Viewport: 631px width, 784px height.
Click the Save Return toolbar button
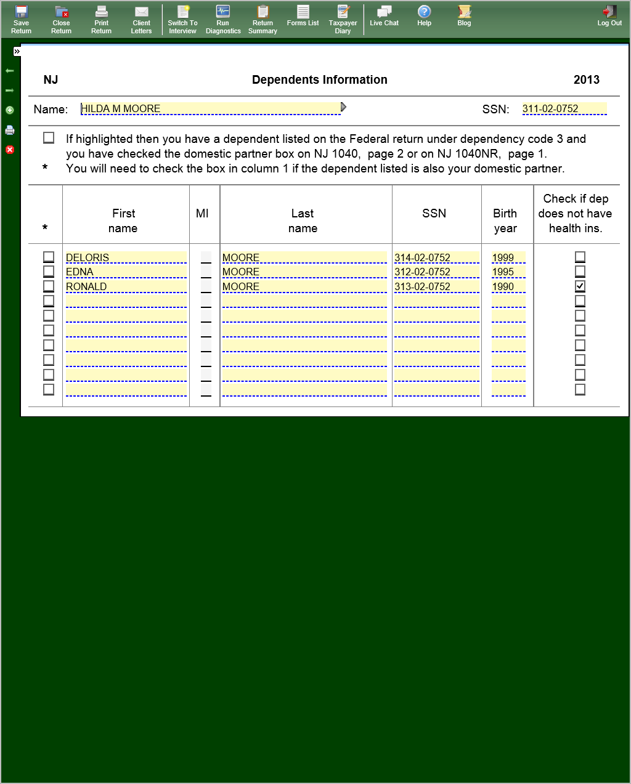pos(21,19)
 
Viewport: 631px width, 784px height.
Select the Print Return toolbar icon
pos(101,19)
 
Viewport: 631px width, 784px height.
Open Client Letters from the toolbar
pos(141,19)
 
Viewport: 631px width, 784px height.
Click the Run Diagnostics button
pos(223,19)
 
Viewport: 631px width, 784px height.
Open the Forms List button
pos(303,16)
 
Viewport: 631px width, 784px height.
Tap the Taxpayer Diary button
pos(343,19)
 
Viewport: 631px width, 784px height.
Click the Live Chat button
pos(384,16)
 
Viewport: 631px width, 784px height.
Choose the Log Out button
pos(609,16)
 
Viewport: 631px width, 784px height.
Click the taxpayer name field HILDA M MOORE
pos(210,109)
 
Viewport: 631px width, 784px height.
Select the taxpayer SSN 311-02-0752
pos(563,109)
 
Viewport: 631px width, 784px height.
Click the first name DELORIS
pos(125,257)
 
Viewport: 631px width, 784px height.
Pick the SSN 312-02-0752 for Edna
pos(436,272)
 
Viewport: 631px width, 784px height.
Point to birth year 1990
pos(508,286)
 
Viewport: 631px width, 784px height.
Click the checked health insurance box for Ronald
pos(580,286)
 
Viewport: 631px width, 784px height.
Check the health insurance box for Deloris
pos(580,257)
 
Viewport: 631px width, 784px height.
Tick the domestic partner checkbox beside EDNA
pos(49,272)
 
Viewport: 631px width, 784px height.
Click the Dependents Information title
pos(319,79)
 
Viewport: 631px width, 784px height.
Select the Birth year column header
pos(505,220)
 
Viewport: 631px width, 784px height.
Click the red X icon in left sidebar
pos(10,150)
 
